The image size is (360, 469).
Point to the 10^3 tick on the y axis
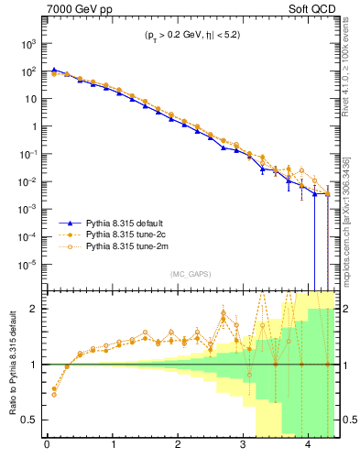28,43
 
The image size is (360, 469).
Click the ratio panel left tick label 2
35,309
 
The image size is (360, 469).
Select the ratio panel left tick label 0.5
31,420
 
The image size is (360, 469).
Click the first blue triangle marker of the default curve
53,70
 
